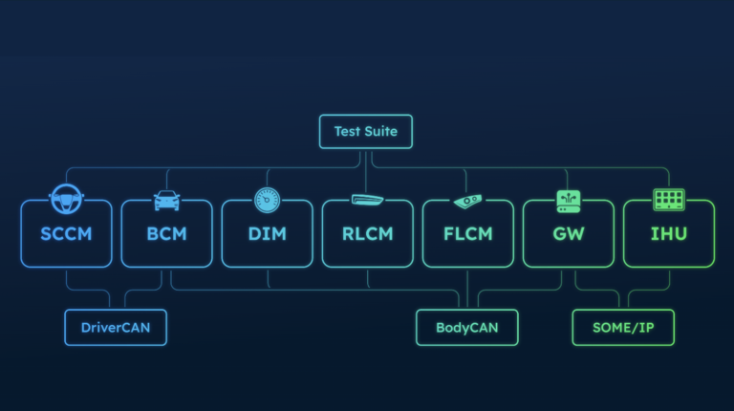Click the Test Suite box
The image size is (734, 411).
pos(366,131)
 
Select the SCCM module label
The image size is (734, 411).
pos(67,233)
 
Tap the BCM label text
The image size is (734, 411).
pos(166,233)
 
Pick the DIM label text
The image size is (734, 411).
pos(267,233)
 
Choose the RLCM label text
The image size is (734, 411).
pos(367,233)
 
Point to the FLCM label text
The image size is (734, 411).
pos(467,233)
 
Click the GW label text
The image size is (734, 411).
pos(568,233)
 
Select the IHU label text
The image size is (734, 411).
pos(668,233)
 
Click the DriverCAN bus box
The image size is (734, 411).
pos(115,327)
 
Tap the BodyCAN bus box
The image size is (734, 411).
pos(466,327)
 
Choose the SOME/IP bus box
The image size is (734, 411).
pos(623,327)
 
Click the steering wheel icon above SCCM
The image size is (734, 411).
pos(67,198)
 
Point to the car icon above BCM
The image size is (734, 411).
pos(167,201)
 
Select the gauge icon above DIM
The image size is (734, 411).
pos(267,200)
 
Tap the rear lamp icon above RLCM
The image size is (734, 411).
pos(367,200)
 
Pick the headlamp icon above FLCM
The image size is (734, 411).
pos(467,201)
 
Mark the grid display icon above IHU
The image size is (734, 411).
pos(668,200)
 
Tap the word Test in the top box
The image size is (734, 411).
pos(347,131)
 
